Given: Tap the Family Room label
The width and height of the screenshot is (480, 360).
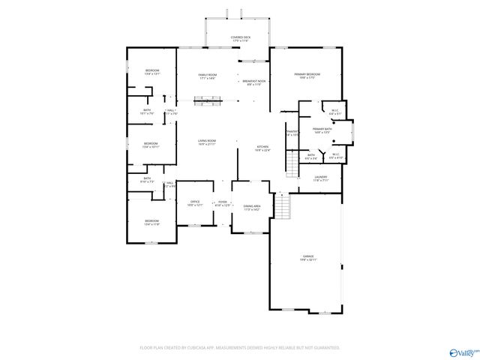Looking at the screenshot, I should pyautogui.click(x=207, y=76).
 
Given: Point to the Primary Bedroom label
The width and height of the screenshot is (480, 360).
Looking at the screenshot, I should pyautogui.click(x=307, y=76).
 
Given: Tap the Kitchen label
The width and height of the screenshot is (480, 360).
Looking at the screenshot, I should pyautogui.click(x=262, y=148).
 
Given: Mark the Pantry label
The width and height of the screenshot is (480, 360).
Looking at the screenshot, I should pyautogui.click(x=292, y=133).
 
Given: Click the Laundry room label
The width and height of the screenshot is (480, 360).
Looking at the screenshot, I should pyautogui.click(x=320, y=178).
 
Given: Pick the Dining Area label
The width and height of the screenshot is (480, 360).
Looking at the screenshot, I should pyautogui.click(x=252, y=208).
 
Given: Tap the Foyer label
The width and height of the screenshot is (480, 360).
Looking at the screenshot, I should pyautogui.click(x=223, y=204).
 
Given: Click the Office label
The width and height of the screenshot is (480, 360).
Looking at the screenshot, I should pyautogui.click(x=194, y=203).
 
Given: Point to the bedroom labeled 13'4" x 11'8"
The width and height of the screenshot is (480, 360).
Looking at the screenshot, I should pyautogui.click(x=151, y=222).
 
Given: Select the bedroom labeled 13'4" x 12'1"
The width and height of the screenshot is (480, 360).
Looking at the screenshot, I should pyautogui.click(x=151, y=73).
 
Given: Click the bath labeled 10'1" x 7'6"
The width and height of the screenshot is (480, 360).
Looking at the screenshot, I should pyautogui.click(x=147, y=112).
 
